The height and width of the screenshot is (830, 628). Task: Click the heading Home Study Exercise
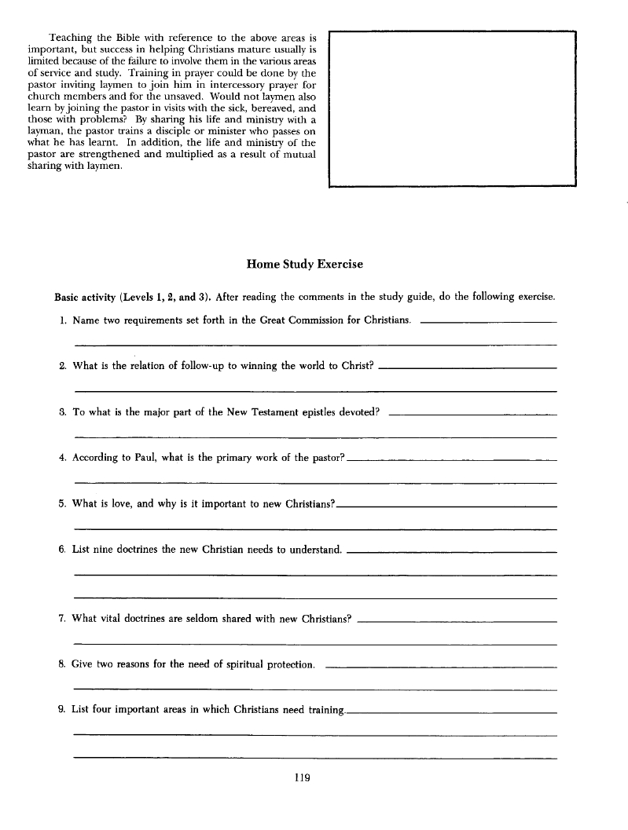tap(305, 265)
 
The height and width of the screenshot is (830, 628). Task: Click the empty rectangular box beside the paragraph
tap(452, 109)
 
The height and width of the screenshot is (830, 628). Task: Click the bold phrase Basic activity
tap(85, 297)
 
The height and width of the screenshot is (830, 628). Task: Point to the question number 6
tap(61, 550)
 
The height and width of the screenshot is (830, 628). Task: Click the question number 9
tap(61, 710)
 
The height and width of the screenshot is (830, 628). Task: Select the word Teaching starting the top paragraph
tap(72, 37)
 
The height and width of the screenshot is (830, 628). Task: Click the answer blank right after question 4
tap(452, 460)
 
